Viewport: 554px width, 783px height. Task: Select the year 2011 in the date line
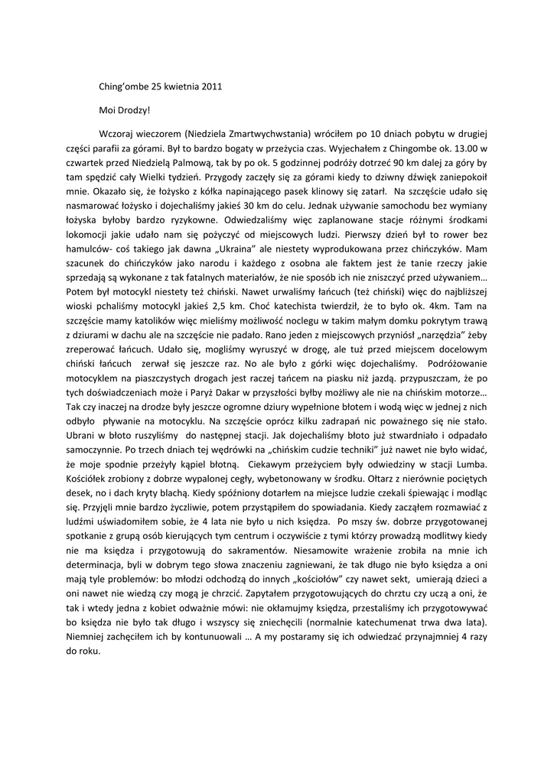[211, 86]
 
